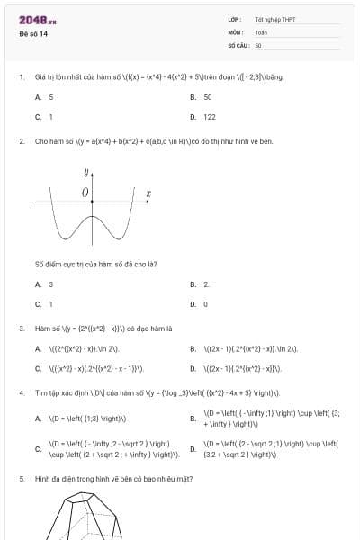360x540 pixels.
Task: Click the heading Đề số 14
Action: pyautogui.click(x=33, y=34)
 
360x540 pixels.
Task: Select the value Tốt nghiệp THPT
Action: pyautogui.click(x=275, y=19)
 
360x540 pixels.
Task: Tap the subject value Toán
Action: pyautogui.click(x=261, y=31)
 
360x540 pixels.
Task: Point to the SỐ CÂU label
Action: pyautogui.click(x=238, y=44)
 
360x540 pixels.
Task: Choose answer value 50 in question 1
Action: pyautogui.click(x=208, y=96)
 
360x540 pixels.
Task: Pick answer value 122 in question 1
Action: pyautogui.click(x=210, y=117)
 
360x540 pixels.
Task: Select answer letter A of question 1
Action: pyautogui.click(x=38, y=96)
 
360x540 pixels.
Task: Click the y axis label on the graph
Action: pyautogui.click(x=87, y=171)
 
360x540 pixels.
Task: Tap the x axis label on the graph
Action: pyautogui.click(x=148, y=193)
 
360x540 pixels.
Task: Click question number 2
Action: pyautogui.click(x=21, y=141)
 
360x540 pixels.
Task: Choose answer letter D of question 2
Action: pyautogui.click(x=193, y=304)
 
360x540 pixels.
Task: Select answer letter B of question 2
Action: pyautogui.click(x=193, y=284)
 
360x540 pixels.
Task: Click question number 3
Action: pyautogui.click(x=21, y=328)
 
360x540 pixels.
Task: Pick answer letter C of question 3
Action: pyautogui.click(x=38, y=368)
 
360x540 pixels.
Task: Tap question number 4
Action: pyautogui.click(x=21, y=393)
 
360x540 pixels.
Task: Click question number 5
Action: pyautogui.click(x=21, y=479)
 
